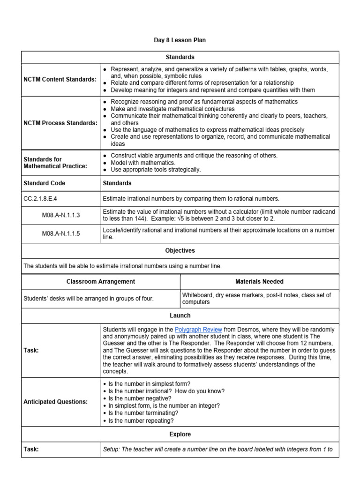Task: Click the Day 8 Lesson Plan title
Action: click(x=180, y=40)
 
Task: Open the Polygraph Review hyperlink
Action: click(x=198, y=330)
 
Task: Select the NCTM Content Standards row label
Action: click(x=60, y=79)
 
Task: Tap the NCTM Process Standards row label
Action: click(x=60, y=123)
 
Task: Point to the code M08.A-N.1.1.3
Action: click(x=61, y=216)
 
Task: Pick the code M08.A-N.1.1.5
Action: click(x=61, y=233)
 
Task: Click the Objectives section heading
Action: click(x=180, y=251)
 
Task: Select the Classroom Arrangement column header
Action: click(x=101, y=282)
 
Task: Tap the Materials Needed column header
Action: click(x=259, y=282)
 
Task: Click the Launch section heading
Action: click(x=180, y=315)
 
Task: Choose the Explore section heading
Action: click(x=180, y=434)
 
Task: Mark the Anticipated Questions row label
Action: click(x=55, y=402)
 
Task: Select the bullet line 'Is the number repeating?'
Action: click(x=137, y=421)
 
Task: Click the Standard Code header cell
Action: click(x=45, y=183)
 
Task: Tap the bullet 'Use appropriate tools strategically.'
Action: click(x=156, y=170)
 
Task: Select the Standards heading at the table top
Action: click(x=180, y=57)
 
